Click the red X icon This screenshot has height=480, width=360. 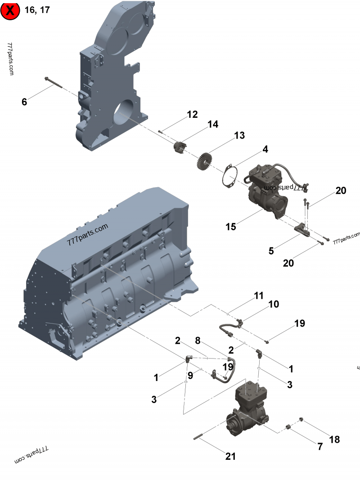pos(10,10)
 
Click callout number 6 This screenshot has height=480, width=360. pos(24,102)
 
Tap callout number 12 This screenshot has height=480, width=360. pos(192,115)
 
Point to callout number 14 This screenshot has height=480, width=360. pos(213,125)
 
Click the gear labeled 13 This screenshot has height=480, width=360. pos(204,161)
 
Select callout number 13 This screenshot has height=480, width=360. pos(239,135)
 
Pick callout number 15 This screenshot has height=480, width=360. pos(231,227)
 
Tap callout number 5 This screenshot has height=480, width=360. pos(271,251)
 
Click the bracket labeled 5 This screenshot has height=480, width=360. pos(302,230)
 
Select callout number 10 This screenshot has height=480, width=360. pos(274,305)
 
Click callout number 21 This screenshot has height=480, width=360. pos(230,456)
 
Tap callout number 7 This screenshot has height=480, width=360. pos(320,447)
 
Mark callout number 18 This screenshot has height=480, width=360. pos(334,440)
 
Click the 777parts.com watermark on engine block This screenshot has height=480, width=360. pos(88,234)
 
